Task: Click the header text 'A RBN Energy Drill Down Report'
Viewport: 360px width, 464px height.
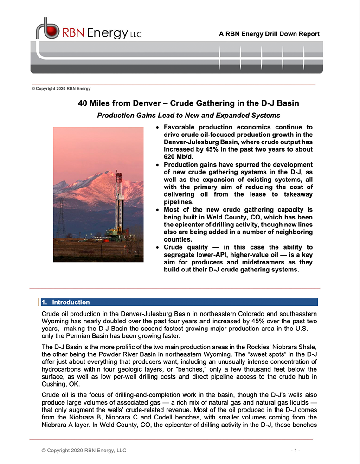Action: pos(269,34)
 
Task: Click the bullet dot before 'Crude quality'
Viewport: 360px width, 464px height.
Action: pos(159,248)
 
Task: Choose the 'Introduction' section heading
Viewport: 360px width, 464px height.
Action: pos(71,302)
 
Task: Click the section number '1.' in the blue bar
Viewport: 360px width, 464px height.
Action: pos(45,302)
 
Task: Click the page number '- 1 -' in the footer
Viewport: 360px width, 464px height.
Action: pos(296,451)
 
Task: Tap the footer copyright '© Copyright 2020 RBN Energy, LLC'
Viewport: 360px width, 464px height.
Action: pos(84,451)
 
